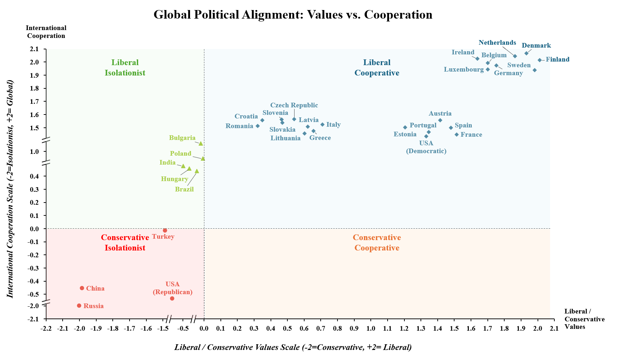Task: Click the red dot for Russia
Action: [79, 306]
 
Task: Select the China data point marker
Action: [82, 288]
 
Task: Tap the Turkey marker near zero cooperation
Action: [165, 230]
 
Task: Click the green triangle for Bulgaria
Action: [201, 143]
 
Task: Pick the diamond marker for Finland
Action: [540, 60]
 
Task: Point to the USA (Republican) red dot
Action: [172, 298]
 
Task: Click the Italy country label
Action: [333, 125]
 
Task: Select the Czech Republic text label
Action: [294, 105]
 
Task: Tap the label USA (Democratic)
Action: [426, 147]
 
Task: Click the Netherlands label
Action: [497, 43]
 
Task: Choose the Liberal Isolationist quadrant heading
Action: [125, 67]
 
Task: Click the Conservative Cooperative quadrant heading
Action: [376, 243]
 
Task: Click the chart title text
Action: [293, 15]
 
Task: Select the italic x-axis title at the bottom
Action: [293, 347]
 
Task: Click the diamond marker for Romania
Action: [258, 126]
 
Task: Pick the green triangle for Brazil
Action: [197, 171]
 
